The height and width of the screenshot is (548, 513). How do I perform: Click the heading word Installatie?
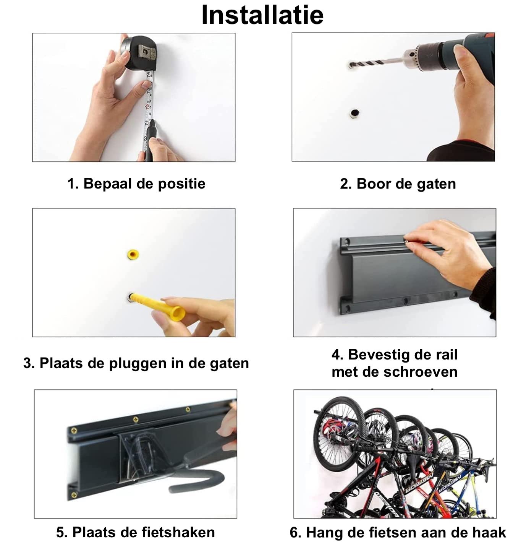pyautogui.click(x=262, y=15)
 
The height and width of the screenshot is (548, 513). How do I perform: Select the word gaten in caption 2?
pyautogui.click(x=436, y=184)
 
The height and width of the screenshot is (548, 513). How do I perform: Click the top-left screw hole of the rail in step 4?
pyautogui.click(x=347, y=242)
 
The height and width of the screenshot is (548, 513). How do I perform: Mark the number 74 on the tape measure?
pyautogui.click(x=148, y=75)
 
